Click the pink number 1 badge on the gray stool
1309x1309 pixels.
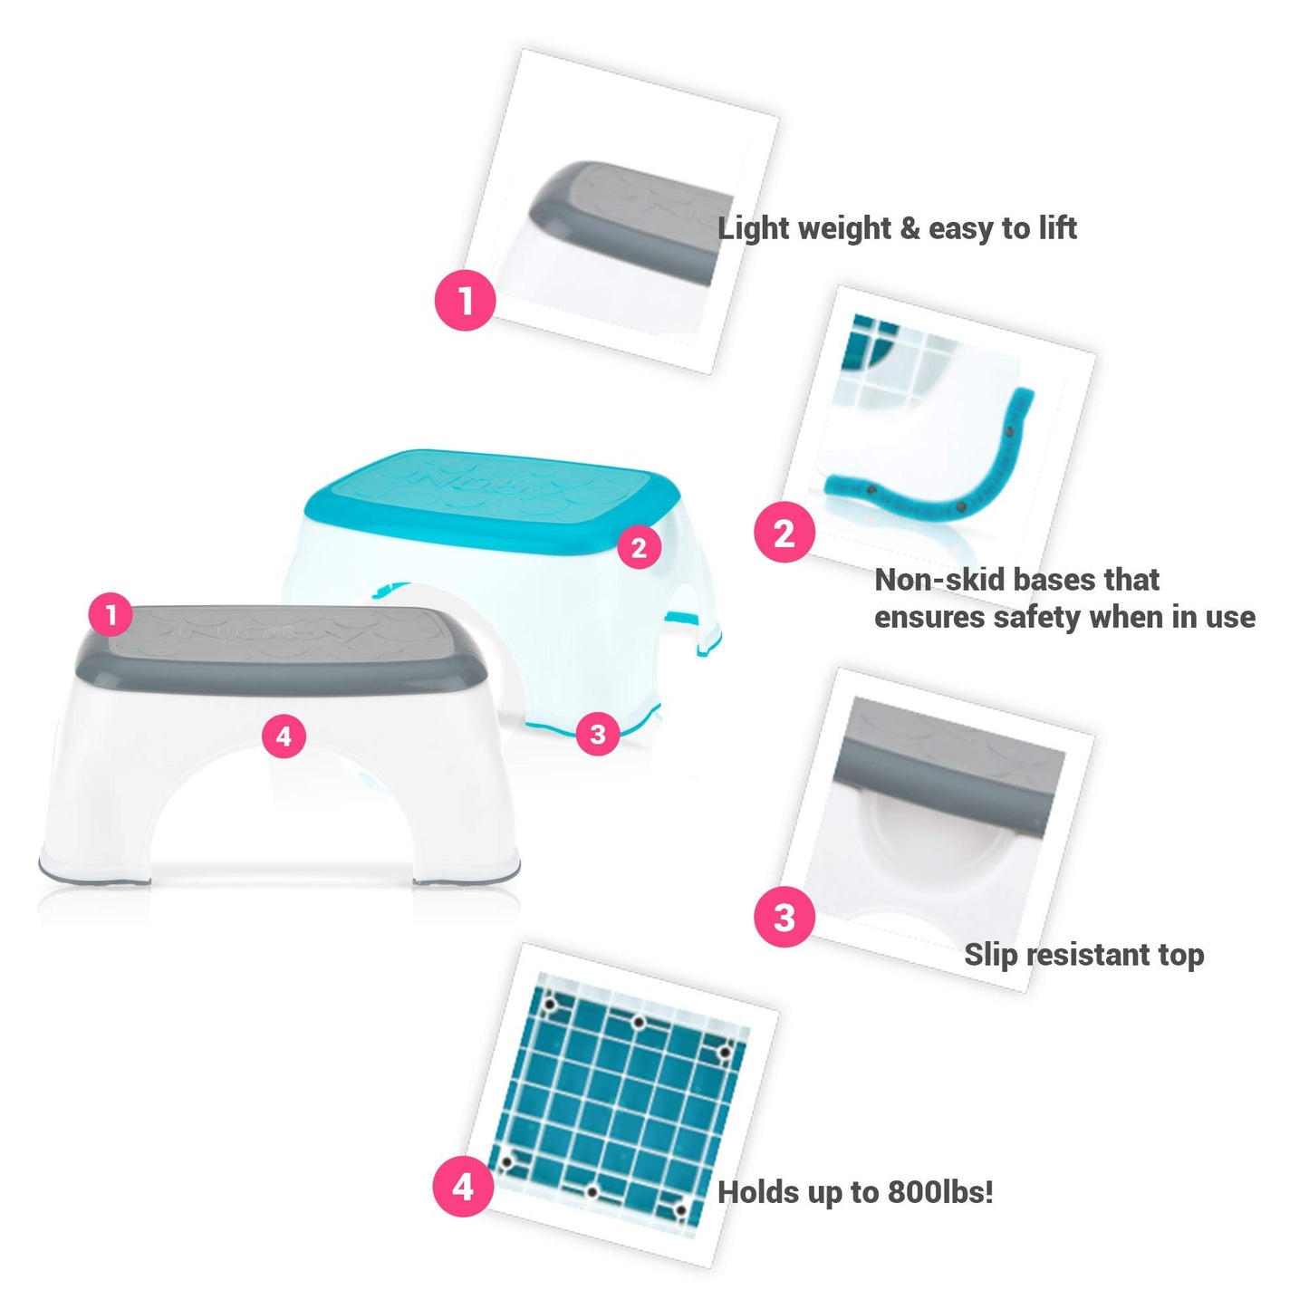pyautogui.click(x=111, y=616)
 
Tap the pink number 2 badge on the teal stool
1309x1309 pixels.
pyautogui.click(x=639, y=547)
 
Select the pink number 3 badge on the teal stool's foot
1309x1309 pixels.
pyautogui.click(x=597, y=733)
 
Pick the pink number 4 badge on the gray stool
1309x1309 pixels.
pyautogui.click(x=284, y=736)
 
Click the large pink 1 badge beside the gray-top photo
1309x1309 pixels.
pyautogui.click(x=466, y=300)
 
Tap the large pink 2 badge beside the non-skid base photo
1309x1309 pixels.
pyautogui.click(x=784, y=533)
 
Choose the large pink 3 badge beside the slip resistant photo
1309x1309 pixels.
pyautogui.click(x=784, y=917)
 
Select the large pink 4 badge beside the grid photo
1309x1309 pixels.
pyautogui.click(x=463, y=1186)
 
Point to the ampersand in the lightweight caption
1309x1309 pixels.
pyautogui.click(x=910, y=228)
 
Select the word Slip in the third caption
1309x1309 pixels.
pyautogui.click(x=989, y=955)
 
